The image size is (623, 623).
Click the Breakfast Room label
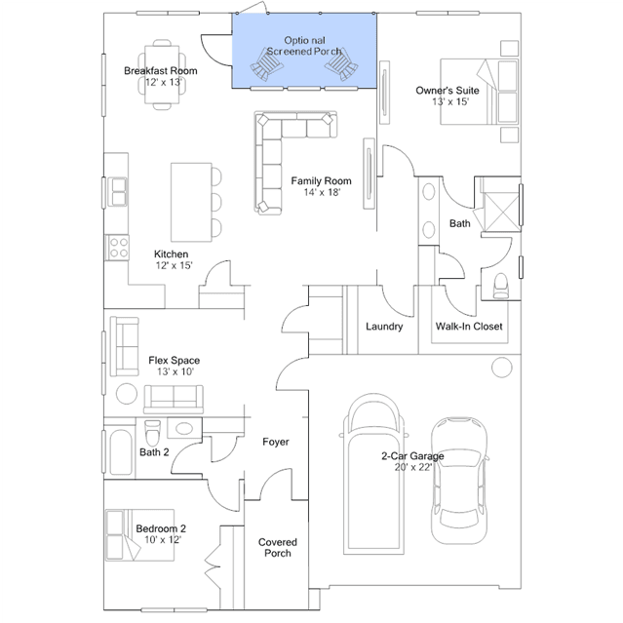(161, 71)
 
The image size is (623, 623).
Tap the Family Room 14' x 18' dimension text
(322, 192)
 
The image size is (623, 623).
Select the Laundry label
(384, 327)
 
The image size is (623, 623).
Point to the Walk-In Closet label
(469, 327)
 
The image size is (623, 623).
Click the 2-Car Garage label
(412, 455)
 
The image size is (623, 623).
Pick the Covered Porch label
(278, 548)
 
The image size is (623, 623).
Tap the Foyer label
(276, 442)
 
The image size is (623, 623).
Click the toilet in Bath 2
(152, 433)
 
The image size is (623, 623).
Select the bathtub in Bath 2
(121, 451)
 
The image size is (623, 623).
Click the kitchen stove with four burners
(118, 247)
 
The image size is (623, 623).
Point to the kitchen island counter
(191, 202)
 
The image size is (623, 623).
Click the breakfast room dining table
(162, 74)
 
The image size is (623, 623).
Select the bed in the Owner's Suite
(479, 92)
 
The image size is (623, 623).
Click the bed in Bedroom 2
(139, 535)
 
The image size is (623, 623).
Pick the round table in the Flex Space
(127, 393)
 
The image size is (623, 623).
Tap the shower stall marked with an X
(501, 212)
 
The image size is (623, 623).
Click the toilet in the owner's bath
(500, 286)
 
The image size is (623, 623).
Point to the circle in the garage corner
(501, 368)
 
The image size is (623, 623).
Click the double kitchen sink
(118, 192)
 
